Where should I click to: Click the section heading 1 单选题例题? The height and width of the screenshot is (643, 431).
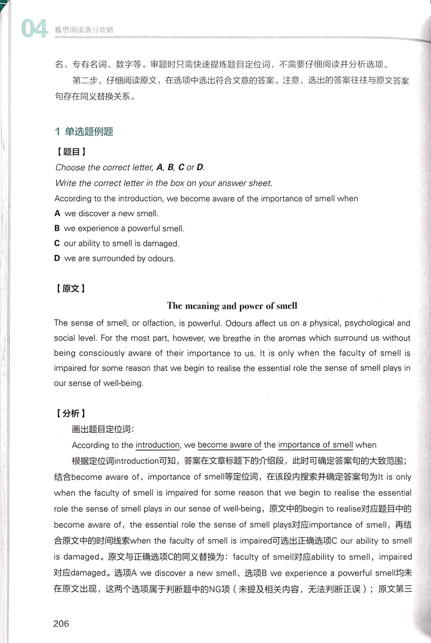coord(84,132)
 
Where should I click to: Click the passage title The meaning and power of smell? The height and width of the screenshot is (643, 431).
coord(232,306)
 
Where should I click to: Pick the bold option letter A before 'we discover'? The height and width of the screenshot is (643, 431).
coord(57,213)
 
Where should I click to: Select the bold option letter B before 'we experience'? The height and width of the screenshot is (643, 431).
coord(57,229)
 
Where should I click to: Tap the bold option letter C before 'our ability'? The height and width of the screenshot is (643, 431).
coord(57,244)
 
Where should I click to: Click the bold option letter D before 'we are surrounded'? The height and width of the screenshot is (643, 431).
coord(57,259)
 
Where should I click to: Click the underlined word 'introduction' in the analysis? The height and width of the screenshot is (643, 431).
coord(158,445)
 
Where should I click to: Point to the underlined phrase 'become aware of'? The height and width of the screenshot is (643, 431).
coord(230,445)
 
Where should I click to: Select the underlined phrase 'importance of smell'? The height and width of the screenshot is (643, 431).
coord(316,445)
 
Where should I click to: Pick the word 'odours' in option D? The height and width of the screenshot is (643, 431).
coord(162,259)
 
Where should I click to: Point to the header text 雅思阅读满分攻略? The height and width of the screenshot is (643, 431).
coord(88,31)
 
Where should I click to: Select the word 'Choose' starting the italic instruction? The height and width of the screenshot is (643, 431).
coord(70,168)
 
